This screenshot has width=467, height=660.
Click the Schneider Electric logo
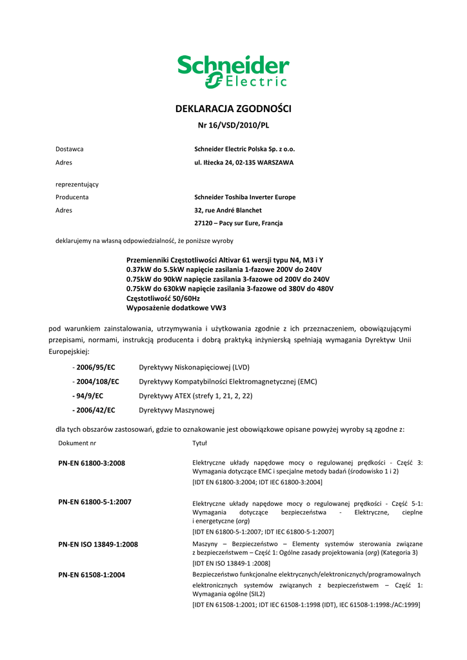coord(233,72)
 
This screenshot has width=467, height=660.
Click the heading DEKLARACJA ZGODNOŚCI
coord(234,109)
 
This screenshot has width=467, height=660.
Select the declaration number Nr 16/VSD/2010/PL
coord(233,125)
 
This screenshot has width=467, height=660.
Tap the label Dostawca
coord(69,149)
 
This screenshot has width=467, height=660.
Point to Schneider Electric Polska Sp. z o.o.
coord(244,149)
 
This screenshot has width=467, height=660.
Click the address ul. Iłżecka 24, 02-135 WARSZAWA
coord(244,162)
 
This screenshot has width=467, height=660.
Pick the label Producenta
coord(72,197)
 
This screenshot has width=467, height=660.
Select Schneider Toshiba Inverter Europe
coord(245,197)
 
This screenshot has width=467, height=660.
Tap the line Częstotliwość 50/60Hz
coord(163,298)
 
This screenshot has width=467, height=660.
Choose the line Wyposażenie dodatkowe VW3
coord(171,308)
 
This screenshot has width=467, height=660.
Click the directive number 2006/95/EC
coord(95,367)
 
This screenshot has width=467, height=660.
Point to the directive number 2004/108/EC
coord(98,382)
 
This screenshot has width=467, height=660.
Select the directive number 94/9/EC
coord(90,396)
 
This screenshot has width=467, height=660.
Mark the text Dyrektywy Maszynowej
coord(177,410)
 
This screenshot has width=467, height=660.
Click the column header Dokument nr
coord(77,443)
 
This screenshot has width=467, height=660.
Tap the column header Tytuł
coord(199,443)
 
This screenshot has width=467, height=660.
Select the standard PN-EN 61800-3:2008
coord(92,463)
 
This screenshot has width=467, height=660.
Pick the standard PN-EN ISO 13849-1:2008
coord(98,545)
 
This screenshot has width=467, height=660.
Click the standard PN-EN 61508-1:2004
coord(92,575)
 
